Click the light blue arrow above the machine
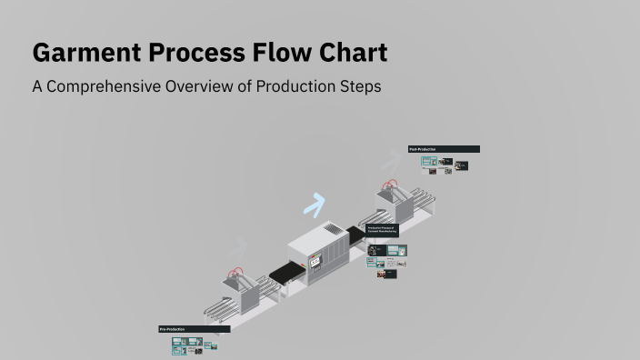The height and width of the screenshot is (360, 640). (x=315, y=205)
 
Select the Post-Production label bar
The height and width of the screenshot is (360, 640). (x=444, y=149)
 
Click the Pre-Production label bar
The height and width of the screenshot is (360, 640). (x=195, y=328)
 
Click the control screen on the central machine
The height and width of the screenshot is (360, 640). (x=315, y=263)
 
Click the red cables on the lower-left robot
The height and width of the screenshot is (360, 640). (x=237, y=271)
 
